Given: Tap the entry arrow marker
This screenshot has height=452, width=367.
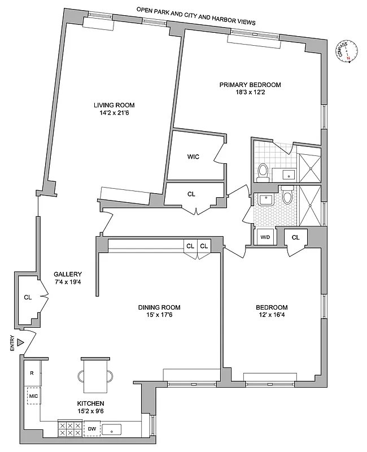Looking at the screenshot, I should coord(20,342).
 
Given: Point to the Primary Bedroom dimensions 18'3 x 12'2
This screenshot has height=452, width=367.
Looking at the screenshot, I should coord(250,93).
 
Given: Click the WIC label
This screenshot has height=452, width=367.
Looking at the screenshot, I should coord(194,157).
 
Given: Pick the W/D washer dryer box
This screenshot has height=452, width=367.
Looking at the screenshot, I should coord(265,237).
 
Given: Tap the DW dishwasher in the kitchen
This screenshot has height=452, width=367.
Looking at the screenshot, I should coord(92,429).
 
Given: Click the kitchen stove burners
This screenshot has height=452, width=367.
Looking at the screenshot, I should coord(70,429).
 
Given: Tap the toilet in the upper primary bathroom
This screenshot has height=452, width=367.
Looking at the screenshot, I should coord(263,171).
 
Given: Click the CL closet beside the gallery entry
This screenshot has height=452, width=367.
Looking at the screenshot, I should coord(28,297).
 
